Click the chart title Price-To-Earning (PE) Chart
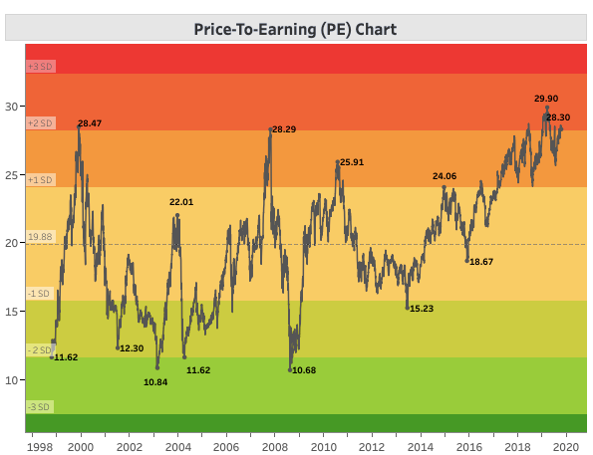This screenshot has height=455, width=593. click(x=295, y=29)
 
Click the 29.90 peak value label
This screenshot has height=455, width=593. click(x=546, y=99)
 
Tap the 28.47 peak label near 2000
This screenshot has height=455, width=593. click(x=90, y=123)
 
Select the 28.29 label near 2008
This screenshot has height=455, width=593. click(x=284, y=129)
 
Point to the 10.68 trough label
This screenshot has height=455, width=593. click(x=304, y=370)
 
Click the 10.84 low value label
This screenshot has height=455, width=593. click(x=155, y=381)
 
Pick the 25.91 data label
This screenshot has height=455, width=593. click(x=352, y=161)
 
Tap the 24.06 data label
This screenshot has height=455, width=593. click(x=444, y=176)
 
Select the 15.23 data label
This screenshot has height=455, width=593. click(x=421, y=309)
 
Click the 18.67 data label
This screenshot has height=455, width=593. click(x=481, y=261)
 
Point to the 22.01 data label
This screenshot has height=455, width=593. click(x=180, y=202)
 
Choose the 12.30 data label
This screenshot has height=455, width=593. click(x=132, y=347)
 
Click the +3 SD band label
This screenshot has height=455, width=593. click(x=41, y=66)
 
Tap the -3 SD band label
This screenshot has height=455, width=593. click(x=40, y=407)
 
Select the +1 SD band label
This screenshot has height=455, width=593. click(x=41, y=180)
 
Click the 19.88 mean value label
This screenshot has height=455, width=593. click(x=40, y=237)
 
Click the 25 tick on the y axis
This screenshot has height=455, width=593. click(x=12, y=175)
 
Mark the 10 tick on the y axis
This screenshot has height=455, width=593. click(x=12, y=379)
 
